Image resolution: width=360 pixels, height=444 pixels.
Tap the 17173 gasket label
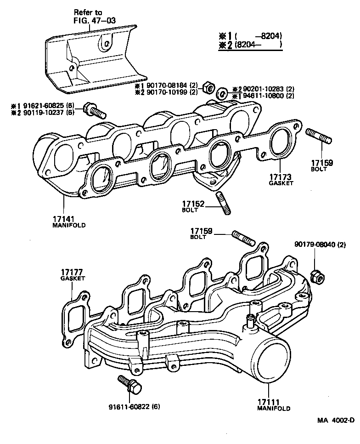click(x=280, y=176)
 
